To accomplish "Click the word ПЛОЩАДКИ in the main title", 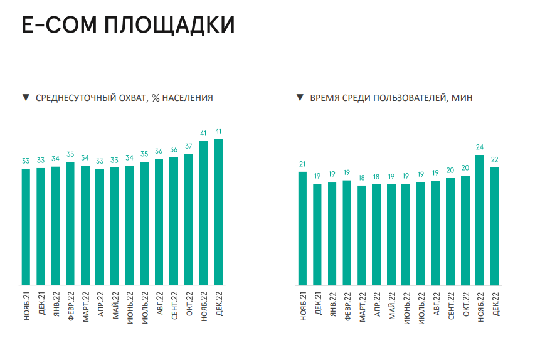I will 169,26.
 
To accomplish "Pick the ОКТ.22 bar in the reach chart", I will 189,220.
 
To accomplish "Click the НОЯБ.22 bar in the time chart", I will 480,220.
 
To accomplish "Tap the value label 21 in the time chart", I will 302,164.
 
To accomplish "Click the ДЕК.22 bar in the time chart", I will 495,226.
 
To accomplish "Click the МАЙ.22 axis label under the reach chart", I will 115,305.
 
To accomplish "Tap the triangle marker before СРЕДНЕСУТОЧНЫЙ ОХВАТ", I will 26,97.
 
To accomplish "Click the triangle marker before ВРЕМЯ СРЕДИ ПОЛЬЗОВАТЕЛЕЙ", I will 300,97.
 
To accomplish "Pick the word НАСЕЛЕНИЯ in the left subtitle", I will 188,98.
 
